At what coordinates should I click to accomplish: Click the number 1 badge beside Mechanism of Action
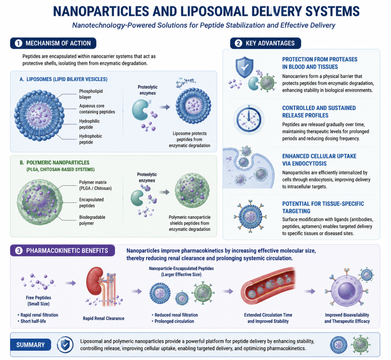tap(19, 43)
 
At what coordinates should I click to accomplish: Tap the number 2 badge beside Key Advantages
tap(238, 43)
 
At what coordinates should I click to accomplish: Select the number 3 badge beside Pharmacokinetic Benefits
tap(19, 250)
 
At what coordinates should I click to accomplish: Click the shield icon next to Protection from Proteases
tap(244, 67)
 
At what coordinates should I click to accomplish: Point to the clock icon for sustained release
tap(249, 119)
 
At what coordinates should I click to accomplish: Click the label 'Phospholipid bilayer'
tap(91, 94)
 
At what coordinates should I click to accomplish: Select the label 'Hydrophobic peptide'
tap(90, 139)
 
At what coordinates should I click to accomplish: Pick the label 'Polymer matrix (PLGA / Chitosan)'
tap(95, 185)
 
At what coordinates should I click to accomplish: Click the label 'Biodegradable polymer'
tap(92, 220)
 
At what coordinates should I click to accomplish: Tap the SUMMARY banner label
tap(31, 345)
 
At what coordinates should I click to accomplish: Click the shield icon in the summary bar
tap(65, 345)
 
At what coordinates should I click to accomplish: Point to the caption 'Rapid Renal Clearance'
tap(103, 318)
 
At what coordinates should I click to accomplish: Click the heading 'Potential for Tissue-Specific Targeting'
tap(323, 207)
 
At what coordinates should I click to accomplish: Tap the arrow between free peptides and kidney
tap(70, 283)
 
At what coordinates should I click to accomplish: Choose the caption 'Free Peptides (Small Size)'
tap(38, 300)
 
